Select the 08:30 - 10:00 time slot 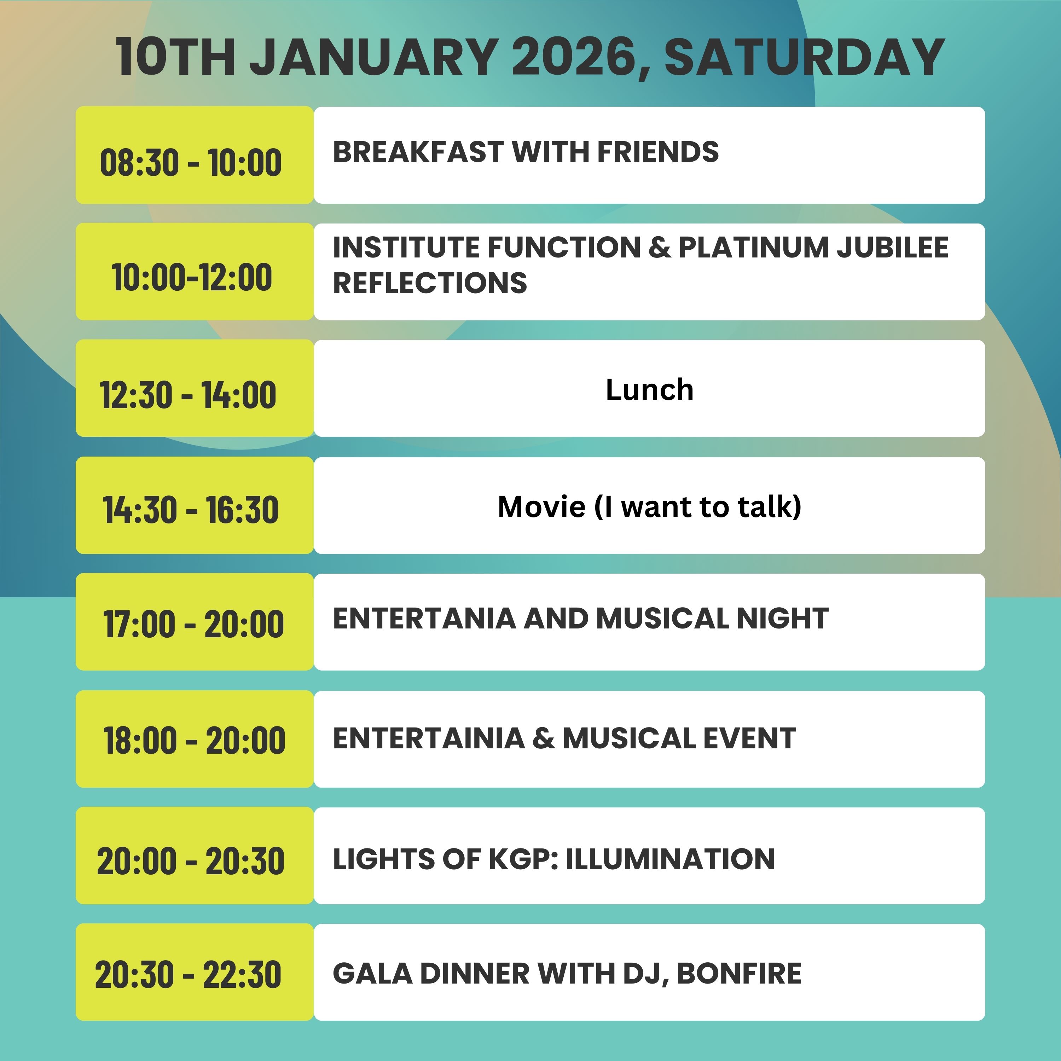(191, 163)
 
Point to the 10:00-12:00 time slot (192, 277)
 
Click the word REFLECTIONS (429, 283)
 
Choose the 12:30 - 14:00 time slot (188, 395)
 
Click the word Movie (541, 506)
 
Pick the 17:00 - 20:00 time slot (193, 624)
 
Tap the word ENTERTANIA (424, 618)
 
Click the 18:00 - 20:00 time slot (195, 740)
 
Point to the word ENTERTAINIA (428, 738)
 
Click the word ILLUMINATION (670, 859)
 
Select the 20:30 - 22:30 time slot (188, 975)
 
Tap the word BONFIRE (739, 974)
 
